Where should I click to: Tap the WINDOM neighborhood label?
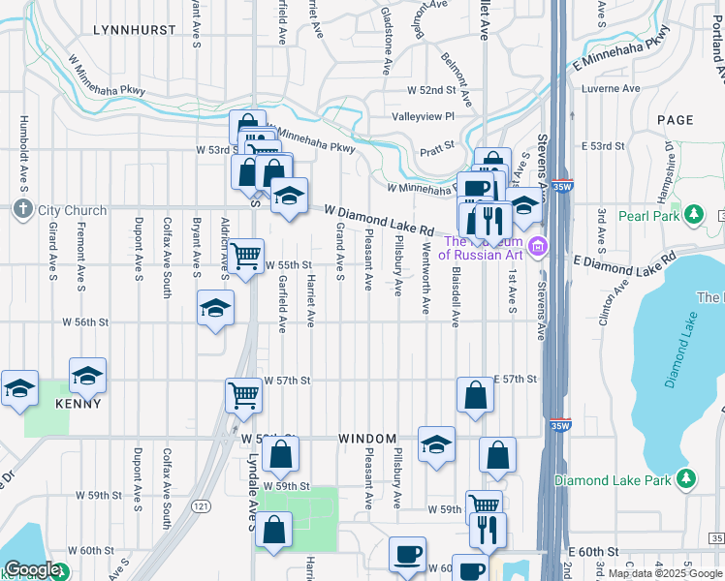tap(368, 439)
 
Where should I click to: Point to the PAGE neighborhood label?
tap(675, 120)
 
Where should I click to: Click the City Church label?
tap(62, 209)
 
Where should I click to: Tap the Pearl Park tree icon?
tap(693, 215)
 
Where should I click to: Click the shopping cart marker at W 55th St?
tap(246, 257)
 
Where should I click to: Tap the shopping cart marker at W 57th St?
tap(244, 394)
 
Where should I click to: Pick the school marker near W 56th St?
tap(215, 308)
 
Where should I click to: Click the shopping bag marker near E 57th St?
tap(474, 394)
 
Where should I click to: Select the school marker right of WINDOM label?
tap(437, 444)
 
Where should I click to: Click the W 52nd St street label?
tap(431, 90)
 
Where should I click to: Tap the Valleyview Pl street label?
tap(423, 116)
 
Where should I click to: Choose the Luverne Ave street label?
tap(611, 89)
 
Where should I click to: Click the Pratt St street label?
tap(438, 150)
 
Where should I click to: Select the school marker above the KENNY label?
tap(87, 375)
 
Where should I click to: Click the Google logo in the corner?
tap(31, 569)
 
